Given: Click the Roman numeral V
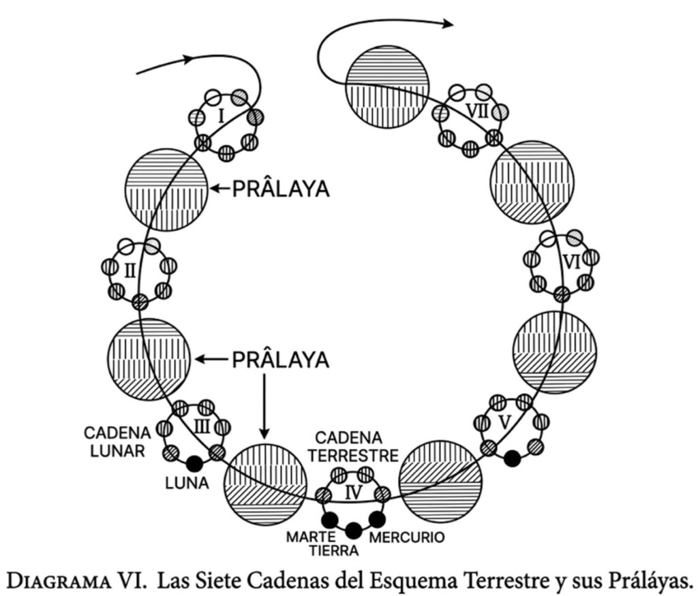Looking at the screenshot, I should coord(505,422).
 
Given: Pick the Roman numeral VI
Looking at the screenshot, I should coord(571,262).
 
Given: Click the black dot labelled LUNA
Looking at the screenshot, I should coord(195,463).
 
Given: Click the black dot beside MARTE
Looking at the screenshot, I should coord(330,520).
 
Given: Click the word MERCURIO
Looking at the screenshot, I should coord(406,537).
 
